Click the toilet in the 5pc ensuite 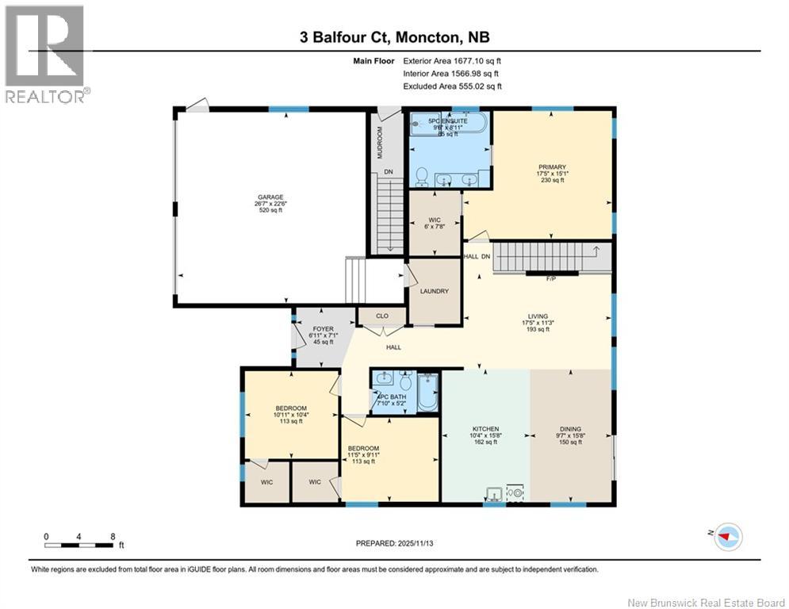tap(422, 174)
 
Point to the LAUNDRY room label tap(434, 291)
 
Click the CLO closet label tap(381, 316)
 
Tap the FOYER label tap(321, 328)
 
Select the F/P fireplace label tap(551, 279)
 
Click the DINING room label tap(570, 429)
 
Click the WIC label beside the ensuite tap(434, 219)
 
